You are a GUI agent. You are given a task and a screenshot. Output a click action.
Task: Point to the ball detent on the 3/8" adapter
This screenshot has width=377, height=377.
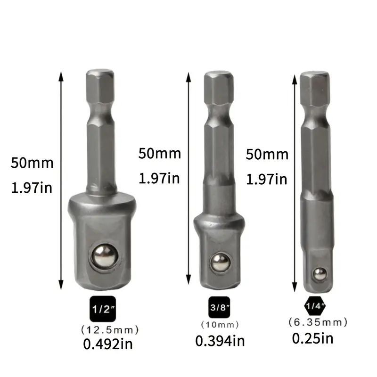click(220, 262)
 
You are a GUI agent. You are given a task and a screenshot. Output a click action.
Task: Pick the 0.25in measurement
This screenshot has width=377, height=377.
click(313, 338)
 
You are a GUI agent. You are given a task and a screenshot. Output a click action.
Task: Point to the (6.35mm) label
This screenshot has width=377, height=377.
click(318, 322)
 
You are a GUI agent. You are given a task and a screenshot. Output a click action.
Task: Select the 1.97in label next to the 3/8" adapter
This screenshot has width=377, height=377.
click(160, 179)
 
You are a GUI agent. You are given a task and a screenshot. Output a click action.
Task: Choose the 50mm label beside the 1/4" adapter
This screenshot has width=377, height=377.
click(267, 154)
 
